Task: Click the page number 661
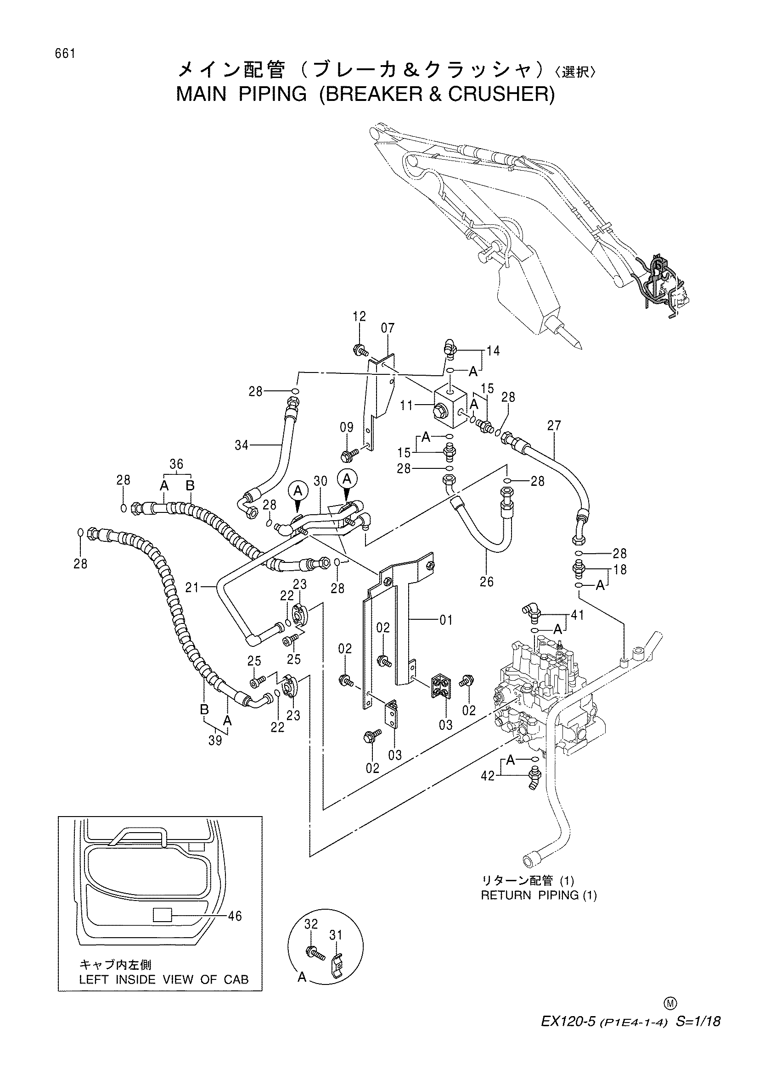65,54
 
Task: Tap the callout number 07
388,328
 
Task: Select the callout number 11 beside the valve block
406,405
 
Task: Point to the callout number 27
553,426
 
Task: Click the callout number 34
242,445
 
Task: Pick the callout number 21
192,588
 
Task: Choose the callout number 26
487,582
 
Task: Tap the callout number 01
446,621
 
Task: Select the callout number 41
577,616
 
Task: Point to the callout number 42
488,776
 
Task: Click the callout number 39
215,742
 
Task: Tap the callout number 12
360,317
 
